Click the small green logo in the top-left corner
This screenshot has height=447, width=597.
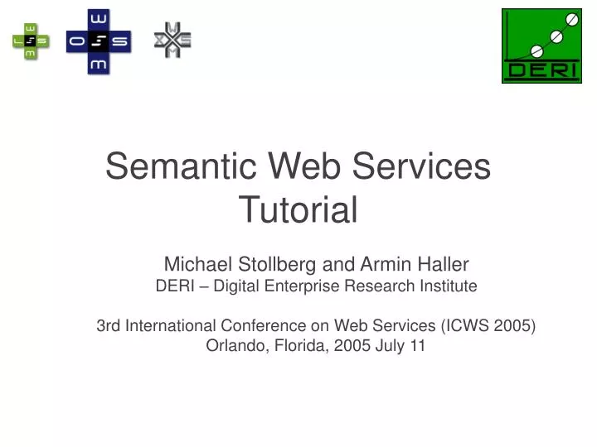tap(31, 40)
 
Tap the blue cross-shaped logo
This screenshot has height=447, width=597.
tap(99, 41)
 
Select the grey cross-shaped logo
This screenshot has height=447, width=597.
tap(172, 40)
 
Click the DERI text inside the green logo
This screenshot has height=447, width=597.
tap(541, 70)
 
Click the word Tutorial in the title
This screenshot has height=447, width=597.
tap(298, 209)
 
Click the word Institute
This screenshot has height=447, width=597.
tap(445, 286)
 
